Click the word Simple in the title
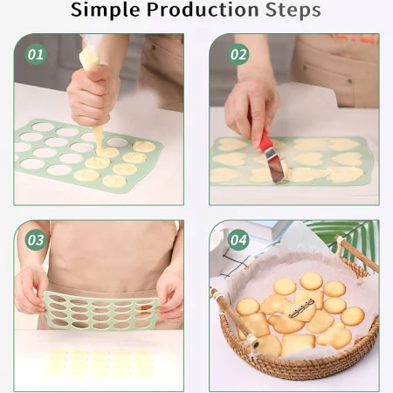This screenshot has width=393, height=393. (x=105, y=10)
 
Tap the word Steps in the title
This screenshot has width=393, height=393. (x=293, y=10)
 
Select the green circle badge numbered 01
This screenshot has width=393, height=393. (x=36, y=54)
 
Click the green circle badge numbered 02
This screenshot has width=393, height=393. (x=238, y=54)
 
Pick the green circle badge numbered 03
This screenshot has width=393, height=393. (x=36, y=240)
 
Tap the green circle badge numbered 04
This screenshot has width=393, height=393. (x=238, y=240)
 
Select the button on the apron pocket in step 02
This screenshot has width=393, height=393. (x=349, y=80)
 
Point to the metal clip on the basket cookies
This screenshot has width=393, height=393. (x=301, y=308)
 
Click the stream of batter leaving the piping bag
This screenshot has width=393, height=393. (x=99, y=139)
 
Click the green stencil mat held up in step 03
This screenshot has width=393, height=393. (x=101, y=311)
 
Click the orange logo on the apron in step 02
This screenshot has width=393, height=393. (x=353, y=38)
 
